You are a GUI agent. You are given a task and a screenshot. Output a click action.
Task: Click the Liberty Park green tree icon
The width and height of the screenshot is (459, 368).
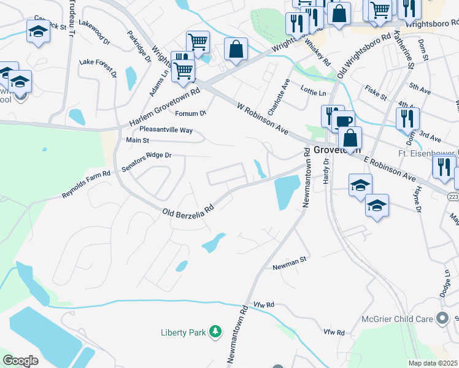click(x=215, y=332)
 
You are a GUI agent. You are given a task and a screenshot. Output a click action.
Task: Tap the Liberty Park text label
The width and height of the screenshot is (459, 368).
click(x=183, y=332)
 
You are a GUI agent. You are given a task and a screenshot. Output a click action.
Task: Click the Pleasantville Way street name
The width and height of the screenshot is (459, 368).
click(x=166, y=130)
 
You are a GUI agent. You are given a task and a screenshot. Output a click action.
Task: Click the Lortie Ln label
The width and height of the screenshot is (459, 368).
click(x=314, y=93)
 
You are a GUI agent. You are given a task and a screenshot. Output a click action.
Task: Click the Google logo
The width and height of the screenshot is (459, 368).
click(x=20, y=361)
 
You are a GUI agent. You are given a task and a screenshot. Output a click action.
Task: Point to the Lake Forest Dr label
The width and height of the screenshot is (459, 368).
click(x=98, y=67)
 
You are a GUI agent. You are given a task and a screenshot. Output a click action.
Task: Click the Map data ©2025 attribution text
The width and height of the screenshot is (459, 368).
click(x=433, y=363)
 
